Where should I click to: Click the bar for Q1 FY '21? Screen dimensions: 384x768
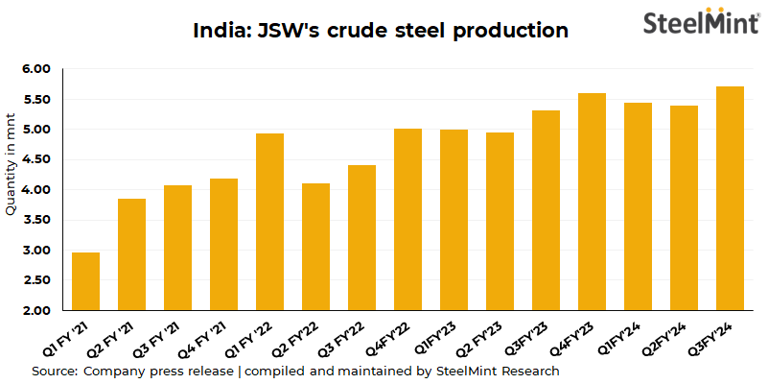pyautogui.click(x=85, y=281)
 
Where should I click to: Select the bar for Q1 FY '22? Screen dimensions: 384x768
pyautogui.click(x=269, y=222)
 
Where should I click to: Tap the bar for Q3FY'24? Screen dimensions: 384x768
pyautogui.click(x=731, y=199)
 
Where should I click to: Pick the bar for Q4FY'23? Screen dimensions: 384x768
pyautogui.click(x=593, y=202)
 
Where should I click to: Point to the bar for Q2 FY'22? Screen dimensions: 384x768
pyautogui.click(x=315, y=247)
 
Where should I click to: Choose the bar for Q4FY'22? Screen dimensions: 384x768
pyautogui.click(x=407, y=220)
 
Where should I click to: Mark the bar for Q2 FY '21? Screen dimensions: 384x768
pyautogui.click(x=131, y=254)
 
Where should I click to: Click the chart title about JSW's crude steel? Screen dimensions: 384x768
pyautogui.click(x=381, y=31)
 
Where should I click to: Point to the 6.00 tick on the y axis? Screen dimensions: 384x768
pyautogui.click(x=35, y=69)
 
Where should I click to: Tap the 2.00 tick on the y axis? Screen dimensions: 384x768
pyautogui.click(x=35, y=311)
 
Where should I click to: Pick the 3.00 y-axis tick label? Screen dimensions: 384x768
pyautogui.click(x=35, y=251)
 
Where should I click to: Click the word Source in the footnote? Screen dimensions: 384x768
pyautogui.click(x=55, y=371)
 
